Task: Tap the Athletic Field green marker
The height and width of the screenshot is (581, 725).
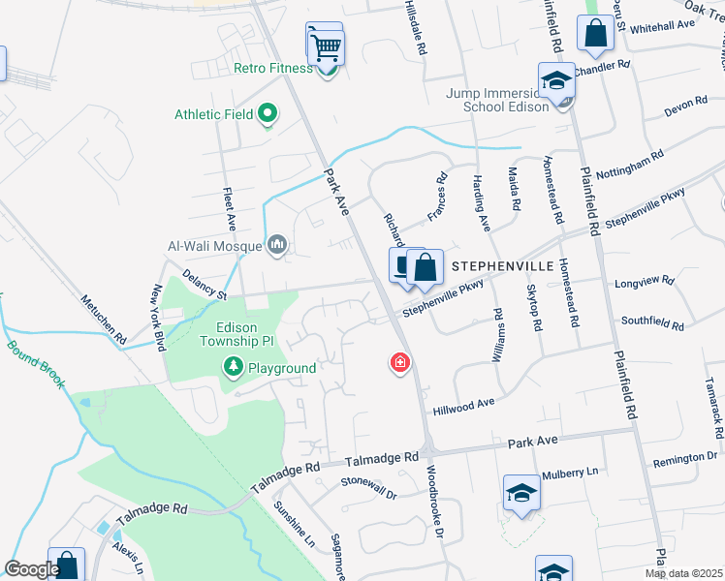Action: pyautogui.click(x=268, y=115)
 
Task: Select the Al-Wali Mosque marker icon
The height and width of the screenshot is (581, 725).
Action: pyautogui.click(x=277, y=245)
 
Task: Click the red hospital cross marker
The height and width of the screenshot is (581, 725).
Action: pyautogui.click(x=398, y=363)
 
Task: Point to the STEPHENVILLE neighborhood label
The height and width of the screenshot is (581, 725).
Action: pyautogui.click(x=498, y=264)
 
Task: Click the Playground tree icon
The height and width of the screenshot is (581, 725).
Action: pyautogui.click(x=233, y=367)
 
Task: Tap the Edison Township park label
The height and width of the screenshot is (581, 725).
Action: pyautogui.click(x=242, y=333)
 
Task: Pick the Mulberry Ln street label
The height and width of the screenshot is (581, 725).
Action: pyautogui.click(x=571, y=473)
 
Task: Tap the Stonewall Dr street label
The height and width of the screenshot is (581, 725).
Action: pyautogui.click(x=369, y=486)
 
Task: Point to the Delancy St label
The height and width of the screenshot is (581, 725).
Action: pyautogui.click(x=203, y=288)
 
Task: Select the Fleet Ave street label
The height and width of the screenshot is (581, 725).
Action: pyautogui.click(x=230, y=208)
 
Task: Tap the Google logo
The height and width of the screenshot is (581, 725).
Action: pyautogui.click(x=32, y=568)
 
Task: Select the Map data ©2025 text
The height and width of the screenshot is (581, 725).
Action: pyautogui.click(x=684, y=573)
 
